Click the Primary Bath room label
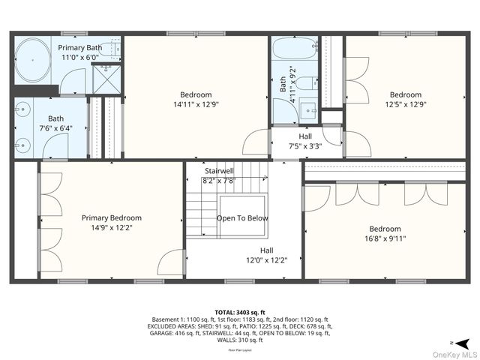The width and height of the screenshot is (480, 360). click(79, 47)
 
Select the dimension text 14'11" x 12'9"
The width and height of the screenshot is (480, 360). click(196, 104)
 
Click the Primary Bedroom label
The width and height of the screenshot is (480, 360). click(112, 218)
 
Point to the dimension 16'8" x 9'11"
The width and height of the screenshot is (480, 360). click(385, 239)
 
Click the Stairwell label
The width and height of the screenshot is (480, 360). click(219, 171)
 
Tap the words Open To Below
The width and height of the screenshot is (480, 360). click(242, 218)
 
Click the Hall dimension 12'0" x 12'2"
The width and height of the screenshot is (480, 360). click(267, 261)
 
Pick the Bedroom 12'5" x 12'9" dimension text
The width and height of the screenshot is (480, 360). click(406, 104)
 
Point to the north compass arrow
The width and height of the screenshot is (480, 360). click(464, 342)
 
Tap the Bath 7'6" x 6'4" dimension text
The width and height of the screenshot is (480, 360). click(55, 127)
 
